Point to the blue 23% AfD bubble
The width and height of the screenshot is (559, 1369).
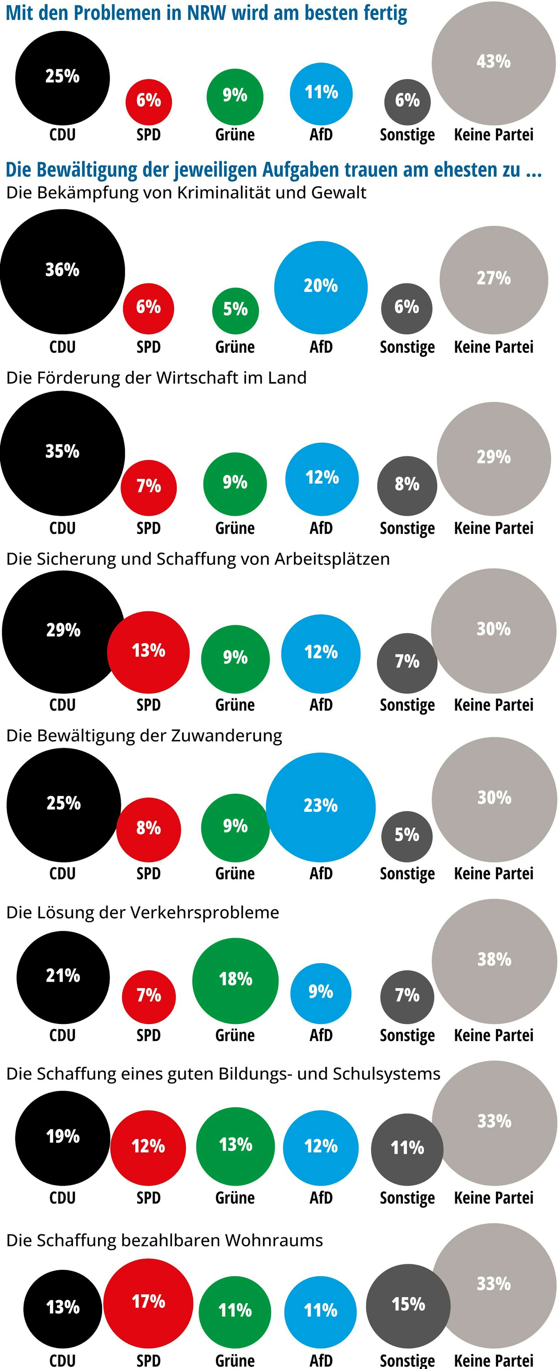(321, 807)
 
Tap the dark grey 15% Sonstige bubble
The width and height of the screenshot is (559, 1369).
(408, 1306)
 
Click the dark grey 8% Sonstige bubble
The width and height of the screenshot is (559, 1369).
(407, 485)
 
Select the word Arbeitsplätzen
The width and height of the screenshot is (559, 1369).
(332, 559)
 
